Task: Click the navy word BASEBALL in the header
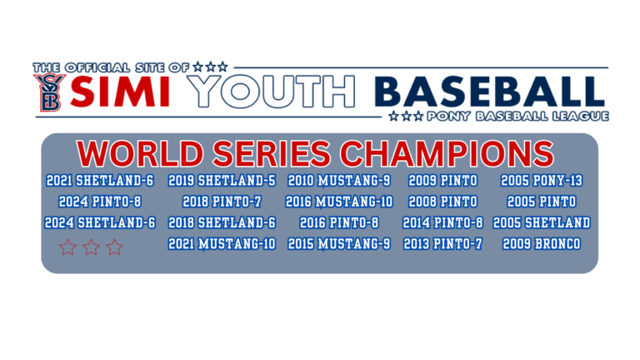[488, 92]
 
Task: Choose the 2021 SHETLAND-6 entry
[100, 180]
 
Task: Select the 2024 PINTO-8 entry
[100, 202]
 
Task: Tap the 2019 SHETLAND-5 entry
[222, 180]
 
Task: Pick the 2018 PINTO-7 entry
[222, 202]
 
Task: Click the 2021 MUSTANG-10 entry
[222, 244]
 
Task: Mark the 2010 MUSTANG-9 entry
[339, 180]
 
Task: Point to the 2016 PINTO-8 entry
[339, 223]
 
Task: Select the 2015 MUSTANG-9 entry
[339, 244]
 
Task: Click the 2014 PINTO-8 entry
[442, 223]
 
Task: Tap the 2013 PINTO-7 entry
[442, 244]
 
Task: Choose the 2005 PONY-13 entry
[542, 180]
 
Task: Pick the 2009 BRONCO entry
[542, 244]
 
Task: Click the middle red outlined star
[91, 247]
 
